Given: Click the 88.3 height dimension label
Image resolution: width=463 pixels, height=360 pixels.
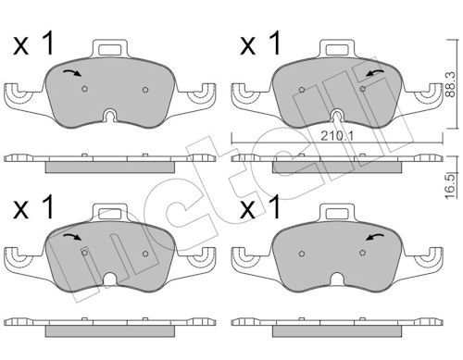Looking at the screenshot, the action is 451,84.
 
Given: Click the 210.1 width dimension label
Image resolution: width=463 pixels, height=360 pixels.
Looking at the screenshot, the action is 337,135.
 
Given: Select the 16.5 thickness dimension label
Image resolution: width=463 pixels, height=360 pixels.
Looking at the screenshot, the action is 451,186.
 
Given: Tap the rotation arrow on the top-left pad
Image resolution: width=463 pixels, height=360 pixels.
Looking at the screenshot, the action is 72,73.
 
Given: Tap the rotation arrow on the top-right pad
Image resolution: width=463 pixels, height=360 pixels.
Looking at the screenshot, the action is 375,73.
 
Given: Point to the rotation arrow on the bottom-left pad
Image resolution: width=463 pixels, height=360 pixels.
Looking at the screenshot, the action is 72,237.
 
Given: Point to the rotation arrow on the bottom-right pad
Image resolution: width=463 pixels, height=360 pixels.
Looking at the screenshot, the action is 375,237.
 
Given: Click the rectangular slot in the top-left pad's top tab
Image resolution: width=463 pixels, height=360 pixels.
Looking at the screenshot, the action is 110,50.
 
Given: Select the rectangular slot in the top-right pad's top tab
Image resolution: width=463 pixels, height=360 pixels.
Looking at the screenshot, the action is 337,50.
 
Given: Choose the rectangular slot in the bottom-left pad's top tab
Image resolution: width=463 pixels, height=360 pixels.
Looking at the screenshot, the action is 110,214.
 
